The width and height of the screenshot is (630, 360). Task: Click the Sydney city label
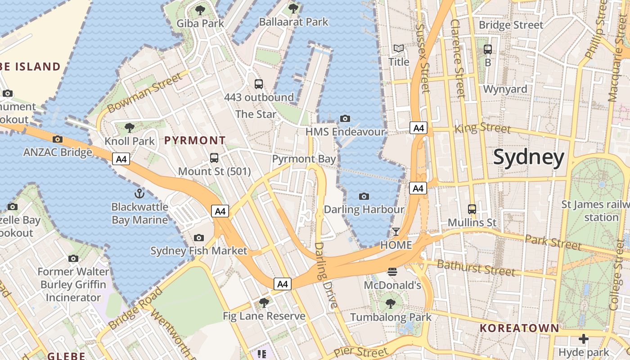click(528, 157)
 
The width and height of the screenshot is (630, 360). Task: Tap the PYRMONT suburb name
click(194, 140)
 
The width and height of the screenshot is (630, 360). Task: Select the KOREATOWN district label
click(519, 328)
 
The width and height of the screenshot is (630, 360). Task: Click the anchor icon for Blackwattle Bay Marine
click(139, 193)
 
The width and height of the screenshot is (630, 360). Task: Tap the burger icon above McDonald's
click(392, 271)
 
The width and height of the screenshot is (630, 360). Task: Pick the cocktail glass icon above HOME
click(396, 232)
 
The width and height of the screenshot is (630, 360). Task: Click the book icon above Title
click(399, 48)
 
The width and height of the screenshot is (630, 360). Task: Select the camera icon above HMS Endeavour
click(345, 118)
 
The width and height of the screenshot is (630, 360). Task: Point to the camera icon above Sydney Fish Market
click(198, 238)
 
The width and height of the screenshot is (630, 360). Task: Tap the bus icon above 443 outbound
click(259, 84)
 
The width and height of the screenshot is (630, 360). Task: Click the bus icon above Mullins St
click(472, 209)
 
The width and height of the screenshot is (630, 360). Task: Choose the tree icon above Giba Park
click(200, 10)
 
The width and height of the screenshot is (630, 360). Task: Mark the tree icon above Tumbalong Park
click(391, 304)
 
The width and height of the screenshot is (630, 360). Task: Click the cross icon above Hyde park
click(583, 338)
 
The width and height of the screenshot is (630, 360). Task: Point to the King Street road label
click(483, 128)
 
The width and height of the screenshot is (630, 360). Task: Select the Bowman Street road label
click(145, 93)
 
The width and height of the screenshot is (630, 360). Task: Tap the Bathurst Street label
click(476, 268)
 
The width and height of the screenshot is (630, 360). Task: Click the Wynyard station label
click(505, 89)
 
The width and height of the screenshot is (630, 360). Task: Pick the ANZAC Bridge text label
click(58, 152)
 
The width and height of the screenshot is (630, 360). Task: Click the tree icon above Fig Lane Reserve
click(264, 302)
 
